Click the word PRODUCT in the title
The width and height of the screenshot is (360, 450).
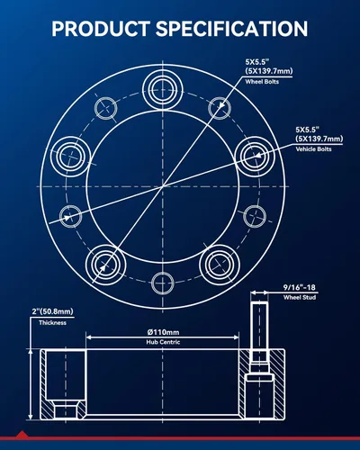(101, 29)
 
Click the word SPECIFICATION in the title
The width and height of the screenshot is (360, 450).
(231, 29)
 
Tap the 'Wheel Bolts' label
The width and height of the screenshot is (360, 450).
(262, 82)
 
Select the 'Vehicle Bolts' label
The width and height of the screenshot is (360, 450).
(313, 149)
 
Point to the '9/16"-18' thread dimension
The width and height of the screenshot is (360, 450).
(300, 287)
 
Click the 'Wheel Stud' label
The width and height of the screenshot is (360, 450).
(300, 297)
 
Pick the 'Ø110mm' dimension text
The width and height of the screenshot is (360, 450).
(163, 332)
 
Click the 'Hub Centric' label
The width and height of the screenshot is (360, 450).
(163, 342)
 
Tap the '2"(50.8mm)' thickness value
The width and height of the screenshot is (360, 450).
(52, 311)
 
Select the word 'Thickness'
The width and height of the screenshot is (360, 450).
(52, 323)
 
